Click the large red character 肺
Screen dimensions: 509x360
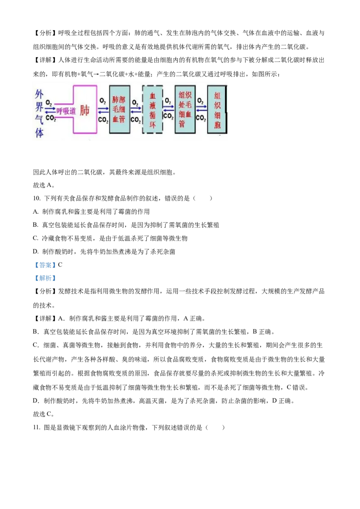click(x=85, y=110)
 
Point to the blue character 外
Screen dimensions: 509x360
click(x=40, y=95)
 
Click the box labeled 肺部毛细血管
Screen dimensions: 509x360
click(x=120, y=109)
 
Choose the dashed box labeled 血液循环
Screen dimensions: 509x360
click(x=153, y=109)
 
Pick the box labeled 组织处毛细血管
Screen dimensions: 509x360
click(x=185, y=109)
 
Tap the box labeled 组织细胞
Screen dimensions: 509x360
click(x=218, y=109)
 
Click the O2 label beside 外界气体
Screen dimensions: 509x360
click(x=49, y=103)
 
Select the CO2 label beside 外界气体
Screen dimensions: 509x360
click(x=50, y=118)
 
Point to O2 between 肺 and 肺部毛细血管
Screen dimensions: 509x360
click(x=103, y=101)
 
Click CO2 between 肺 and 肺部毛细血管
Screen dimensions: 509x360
click(x=103, y=120)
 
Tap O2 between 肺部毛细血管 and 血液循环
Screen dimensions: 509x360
click(x=135, y=102)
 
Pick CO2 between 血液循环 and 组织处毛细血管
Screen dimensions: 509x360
click(x=168, y=116)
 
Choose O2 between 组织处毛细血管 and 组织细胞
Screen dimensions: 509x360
click(x=201, y=102)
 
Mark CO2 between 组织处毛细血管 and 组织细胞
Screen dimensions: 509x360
click(x=201, y=118)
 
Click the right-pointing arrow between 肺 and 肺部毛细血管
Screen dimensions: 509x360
click(x=103, y=108)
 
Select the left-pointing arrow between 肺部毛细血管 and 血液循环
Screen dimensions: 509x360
click(x=135, y=112)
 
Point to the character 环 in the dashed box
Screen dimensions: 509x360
click(x=153, y=125)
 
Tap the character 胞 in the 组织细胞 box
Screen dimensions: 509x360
click(x=218, y=125)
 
